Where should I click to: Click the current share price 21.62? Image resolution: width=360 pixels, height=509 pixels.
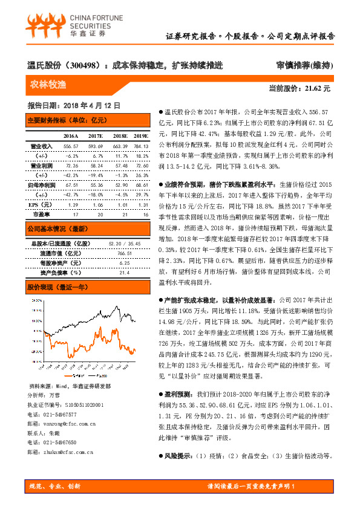tap(318, 88)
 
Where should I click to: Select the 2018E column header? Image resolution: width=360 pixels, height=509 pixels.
tap(120, 137)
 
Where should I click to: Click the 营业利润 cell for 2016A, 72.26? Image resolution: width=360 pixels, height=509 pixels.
tap(71, 165)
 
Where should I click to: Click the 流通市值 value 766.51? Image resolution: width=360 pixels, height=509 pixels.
tap(124, 253)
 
